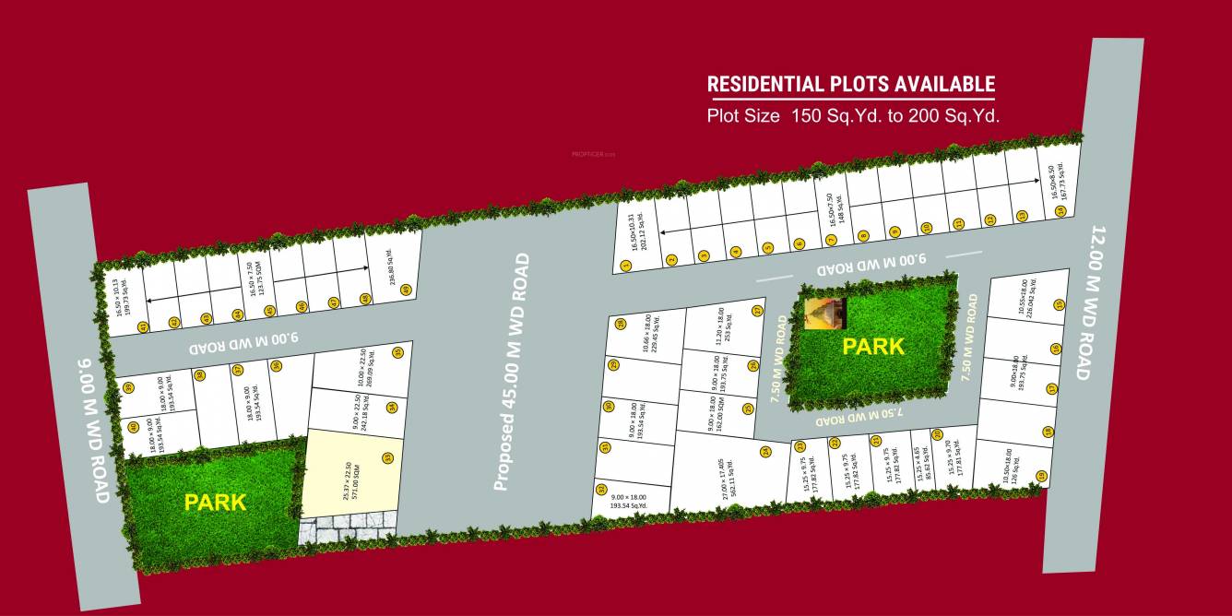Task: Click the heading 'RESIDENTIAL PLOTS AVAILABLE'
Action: click(x=850, y=85)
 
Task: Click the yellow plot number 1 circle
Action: click(x=626, y=266)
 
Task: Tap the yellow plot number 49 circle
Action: click(x=405, y=290)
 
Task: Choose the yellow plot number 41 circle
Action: click(x=142, y=326)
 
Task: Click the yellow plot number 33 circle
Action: click(x=386, y=456)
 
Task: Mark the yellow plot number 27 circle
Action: click(x=757, y=311)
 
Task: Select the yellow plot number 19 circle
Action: click(x=1041, y=476)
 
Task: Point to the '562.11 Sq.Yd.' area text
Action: click(x=731, y=479)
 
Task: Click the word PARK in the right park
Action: click(x=873, y=347)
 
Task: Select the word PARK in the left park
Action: click(x=215, y=503)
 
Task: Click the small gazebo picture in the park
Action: click(x=823, y=313)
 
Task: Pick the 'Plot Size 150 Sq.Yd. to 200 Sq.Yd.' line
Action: click(x=853, y=116)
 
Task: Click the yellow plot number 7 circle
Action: click(x=831, y=241)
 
